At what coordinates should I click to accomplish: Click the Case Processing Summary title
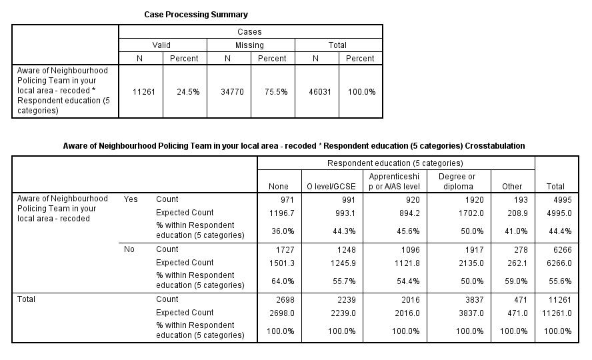(196, 15)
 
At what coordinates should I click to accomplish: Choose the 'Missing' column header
(249, 45)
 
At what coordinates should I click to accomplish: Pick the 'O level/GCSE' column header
(331, 187)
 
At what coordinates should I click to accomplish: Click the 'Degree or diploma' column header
(457, 181)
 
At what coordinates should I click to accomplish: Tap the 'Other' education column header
(512, 187)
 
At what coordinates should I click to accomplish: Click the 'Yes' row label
(131, 199)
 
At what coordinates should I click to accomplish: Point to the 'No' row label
(129, 249)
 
